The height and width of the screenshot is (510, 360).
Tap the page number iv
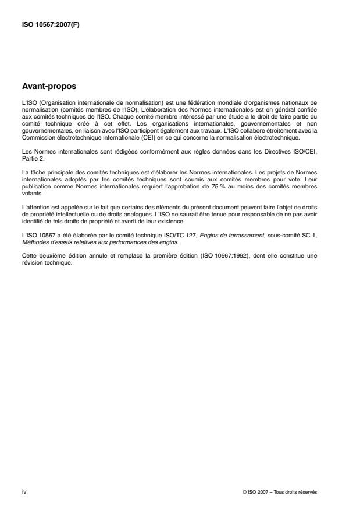(x=24, y=491)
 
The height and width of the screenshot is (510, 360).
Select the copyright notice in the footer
(x=280, y=492)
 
